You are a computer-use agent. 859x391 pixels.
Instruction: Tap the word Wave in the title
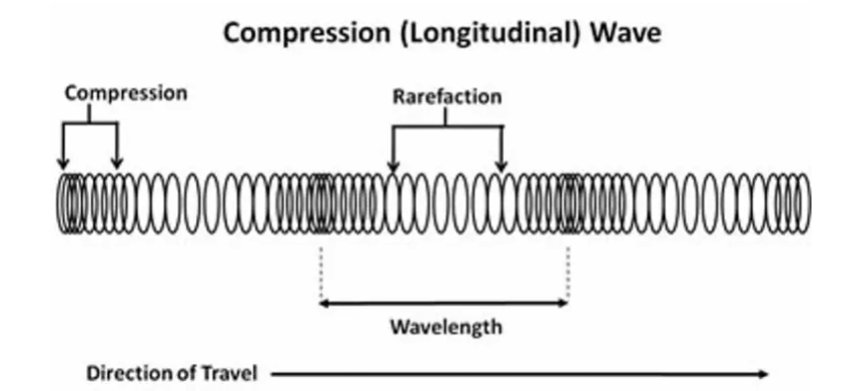coord(625,33)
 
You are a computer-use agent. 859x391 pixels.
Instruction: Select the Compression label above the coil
coord(126,94)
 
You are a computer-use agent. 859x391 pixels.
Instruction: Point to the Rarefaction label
coord(447,96)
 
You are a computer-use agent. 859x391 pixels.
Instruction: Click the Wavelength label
coord(446,327)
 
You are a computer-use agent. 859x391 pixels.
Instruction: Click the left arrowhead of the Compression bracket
coord(63,163)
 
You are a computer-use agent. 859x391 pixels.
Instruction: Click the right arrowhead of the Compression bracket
coord(117,163)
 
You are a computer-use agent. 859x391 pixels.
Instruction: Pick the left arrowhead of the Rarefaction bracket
coord(392,166)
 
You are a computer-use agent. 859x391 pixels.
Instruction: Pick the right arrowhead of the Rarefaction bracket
coord(501,166)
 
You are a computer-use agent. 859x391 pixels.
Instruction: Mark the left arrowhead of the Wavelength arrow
coord(324,303)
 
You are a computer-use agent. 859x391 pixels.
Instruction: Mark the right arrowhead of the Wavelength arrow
coord(564,303)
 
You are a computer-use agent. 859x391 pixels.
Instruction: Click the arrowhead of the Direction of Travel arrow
coord(763,374)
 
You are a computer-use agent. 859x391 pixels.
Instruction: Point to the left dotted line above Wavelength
coord(321,271)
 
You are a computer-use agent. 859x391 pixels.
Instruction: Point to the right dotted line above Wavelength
coord(568,271)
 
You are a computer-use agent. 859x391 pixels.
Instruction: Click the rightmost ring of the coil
coord(810,204)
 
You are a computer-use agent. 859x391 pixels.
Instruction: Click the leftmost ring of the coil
coord(57,204)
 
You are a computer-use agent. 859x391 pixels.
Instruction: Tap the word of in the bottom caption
coord(184,373)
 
